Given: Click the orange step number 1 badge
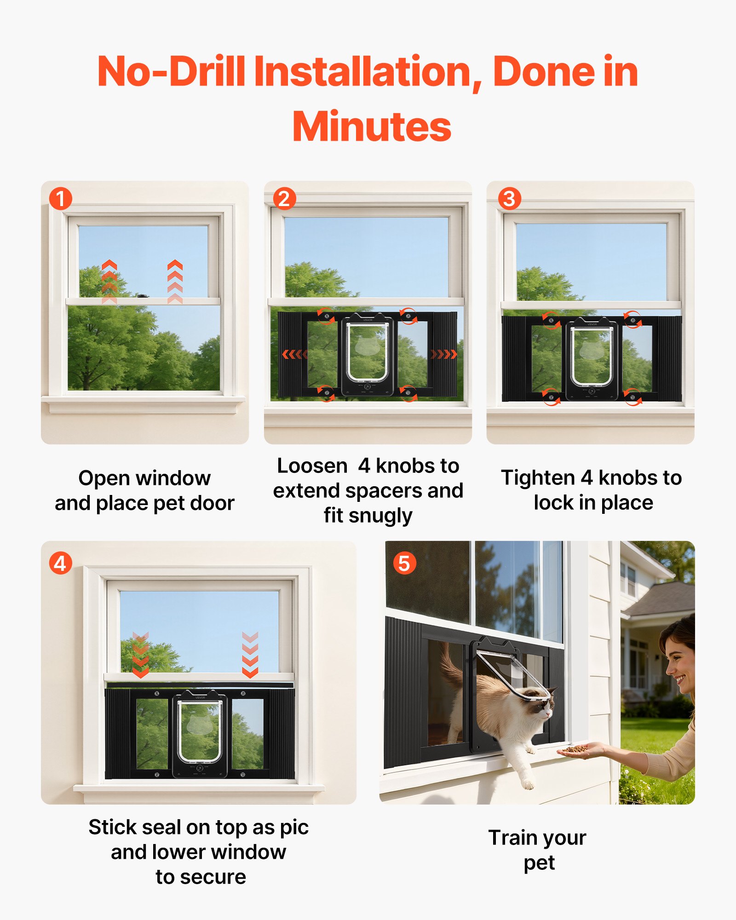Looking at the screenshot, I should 60,199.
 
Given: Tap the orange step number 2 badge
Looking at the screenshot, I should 284,199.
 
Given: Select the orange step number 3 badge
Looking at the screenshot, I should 509,199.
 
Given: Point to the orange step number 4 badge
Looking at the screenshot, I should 60,563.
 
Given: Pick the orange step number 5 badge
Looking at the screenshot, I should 404,563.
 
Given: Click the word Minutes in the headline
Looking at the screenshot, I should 372,127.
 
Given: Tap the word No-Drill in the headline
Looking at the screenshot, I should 171,71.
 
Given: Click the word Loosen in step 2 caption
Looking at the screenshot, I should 312,466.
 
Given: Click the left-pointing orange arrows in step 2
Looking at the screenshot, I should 294,354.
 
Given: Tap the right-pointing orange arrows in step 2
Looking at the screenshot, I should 443,354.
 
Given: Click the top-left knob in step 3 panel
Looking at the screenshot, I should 551,320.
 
